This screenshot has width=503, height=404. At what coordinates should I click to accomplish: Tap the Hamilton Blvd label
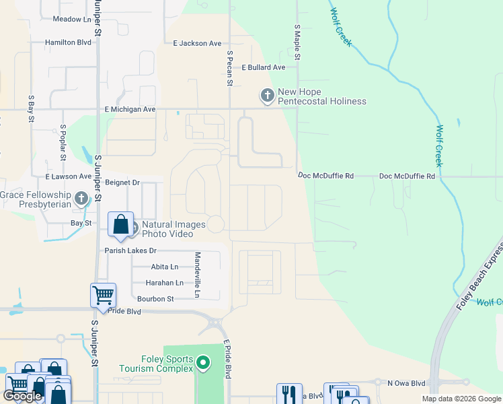point(68,42)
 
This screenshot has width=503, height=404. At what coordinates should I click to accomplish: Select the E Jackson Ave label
point(197,44)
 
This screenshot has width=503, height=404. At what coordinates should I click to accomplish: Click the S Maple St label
point(297,42)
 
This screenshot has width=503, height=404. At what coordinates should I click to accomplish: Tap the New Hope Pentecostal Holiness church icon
point(267,96)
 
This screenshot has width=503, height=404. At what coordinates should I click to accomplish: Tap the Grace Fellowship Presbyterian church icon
point(81,199)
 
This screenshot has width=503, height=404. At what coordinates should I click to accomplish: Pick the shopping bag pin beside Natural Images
point(120,225)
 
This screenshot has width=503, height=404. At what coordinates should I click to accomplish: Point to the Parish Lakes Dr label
point(130,250)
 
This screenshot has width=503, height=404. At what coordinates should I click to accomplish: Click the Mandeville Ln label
point(198,275)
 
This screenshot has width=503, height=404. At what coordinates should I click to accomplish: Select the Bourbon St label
point(155,298)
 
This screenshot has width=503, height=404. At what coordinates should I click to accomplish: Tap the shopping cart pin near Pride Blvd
point(103,295)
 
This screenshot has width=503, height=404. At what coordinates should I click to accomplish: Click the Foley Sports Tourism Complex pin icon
point(204,364)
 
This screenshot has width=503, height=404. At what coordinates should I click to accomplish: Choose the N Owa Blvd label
point(407,382)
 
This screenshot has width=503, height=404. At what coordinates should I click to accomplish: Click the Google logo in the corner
point(22,396)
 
